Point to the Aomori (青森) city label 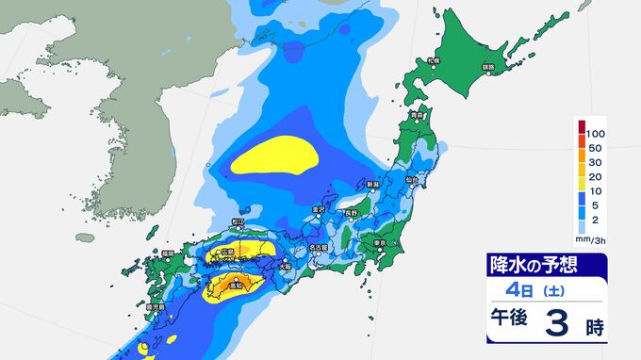[x=417, y=116]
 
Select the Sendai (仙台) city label [x=412, y=178]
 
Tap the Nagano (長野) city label [x=350, y=214]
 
